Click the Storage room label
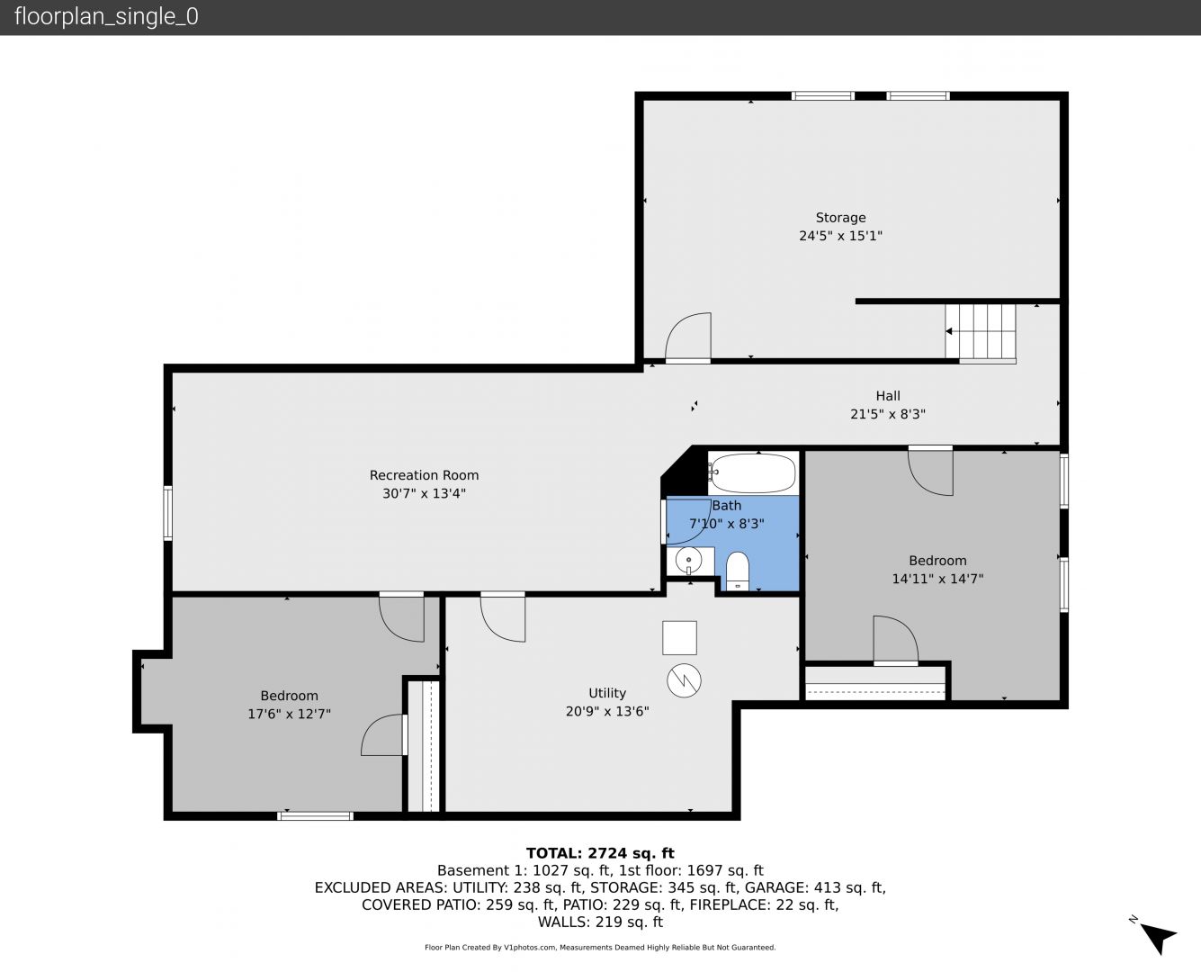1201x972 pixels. click(x=840, y=217)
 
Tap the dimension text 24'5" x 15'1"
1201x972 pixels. click(x=840, y=236)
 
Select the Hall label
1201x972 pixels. click(x=888, y=395)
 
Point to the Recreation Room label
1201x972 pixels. click(x=424, y=475)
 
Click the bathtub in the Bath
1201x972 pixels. click(x=753, y=472)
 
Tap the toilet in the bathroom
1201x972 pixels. click(x=737, y=571)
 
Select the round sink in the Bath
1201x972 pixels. click(x=688, y=560)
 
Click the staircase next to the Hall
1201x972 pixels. click(x=981, y=332)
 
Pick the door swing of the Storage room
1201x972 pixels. click(x=688, y=336)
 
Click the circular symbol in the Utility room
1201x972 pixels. click(x=684, y=680)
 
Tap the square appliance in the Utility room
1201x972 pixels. click(x=679, y=638)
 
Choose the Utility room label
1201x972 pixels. click(x=607, y=693)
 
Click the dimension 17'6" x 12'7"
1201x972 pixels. click(x=290, y=714)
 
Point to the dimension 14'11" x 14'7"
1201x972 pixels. click(x=937, y=578)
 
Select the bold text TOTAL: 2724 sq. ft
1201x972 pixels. click(x=601, y=853)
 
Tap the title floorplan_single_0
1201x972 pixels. click(x=106, y=16)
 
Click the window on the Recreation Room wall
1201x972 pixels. click(x=168, y=513)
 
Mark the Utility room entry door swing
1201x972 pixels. click(x=503, y=617)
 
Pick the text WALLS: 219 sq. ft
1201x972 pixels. click(x=601, y=922)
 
